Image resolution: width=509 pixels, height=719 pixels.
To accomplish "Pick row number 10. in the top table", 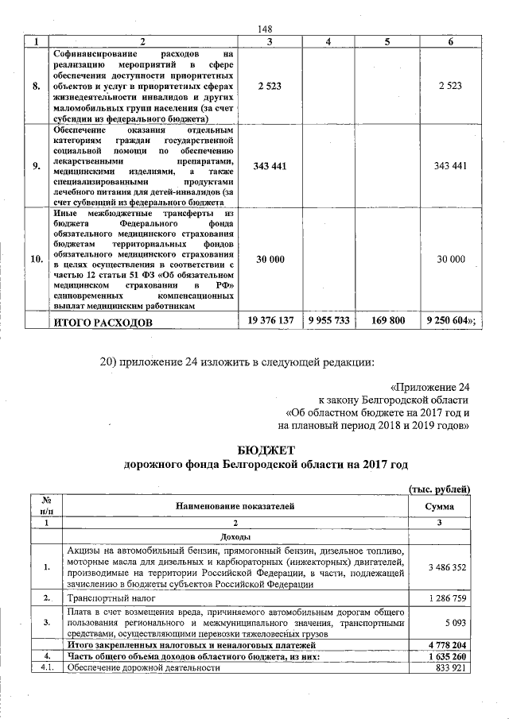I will pos(36,260).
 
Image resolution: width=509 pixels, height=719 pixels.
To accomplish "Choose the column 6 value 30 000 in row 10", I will pos(450,260).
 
